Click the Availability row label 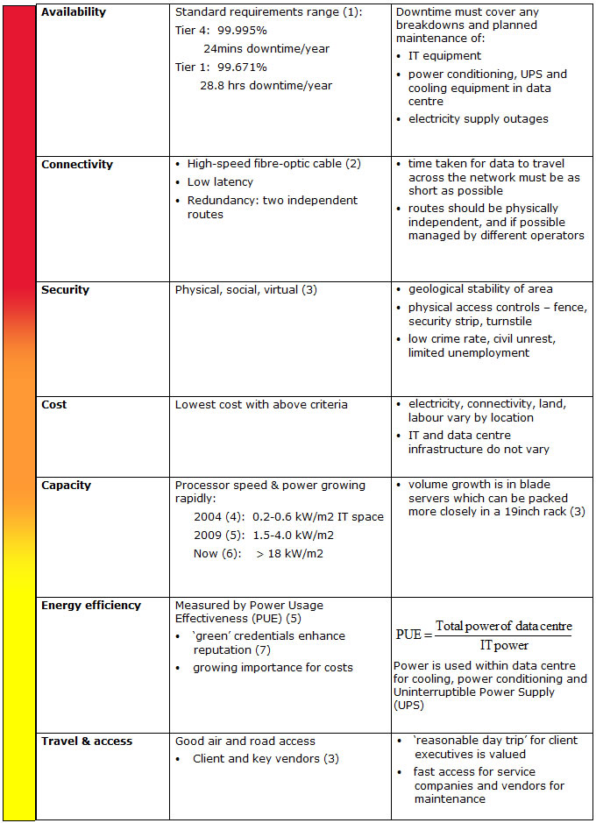click(x=74, y=13)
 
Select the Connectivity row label click(x=77, y=165)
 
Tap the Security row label click(x=65, y=290)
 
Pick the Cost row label click(x=54, y=405)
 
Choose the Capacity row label click(x=66, y=486)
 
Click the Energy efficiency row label click(x=90, y=606)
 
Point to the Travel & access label click(x=87, y=741)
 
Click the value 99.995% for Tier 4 click(x=242, y=31)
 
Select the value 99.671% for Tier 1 click(x=242, y=67)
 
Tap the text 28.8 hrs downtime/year click(x=266, y=86)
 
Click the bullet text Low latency click(x=220, y=182)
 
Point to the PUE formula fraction click(x=483, y=635)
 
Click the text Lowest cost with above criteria click(x=261, y=405)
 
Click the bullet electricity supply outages click(x=478, y=119)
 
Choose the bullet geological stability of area click(x=479, y=289)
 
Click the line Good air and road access click(x=245, y=741)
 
